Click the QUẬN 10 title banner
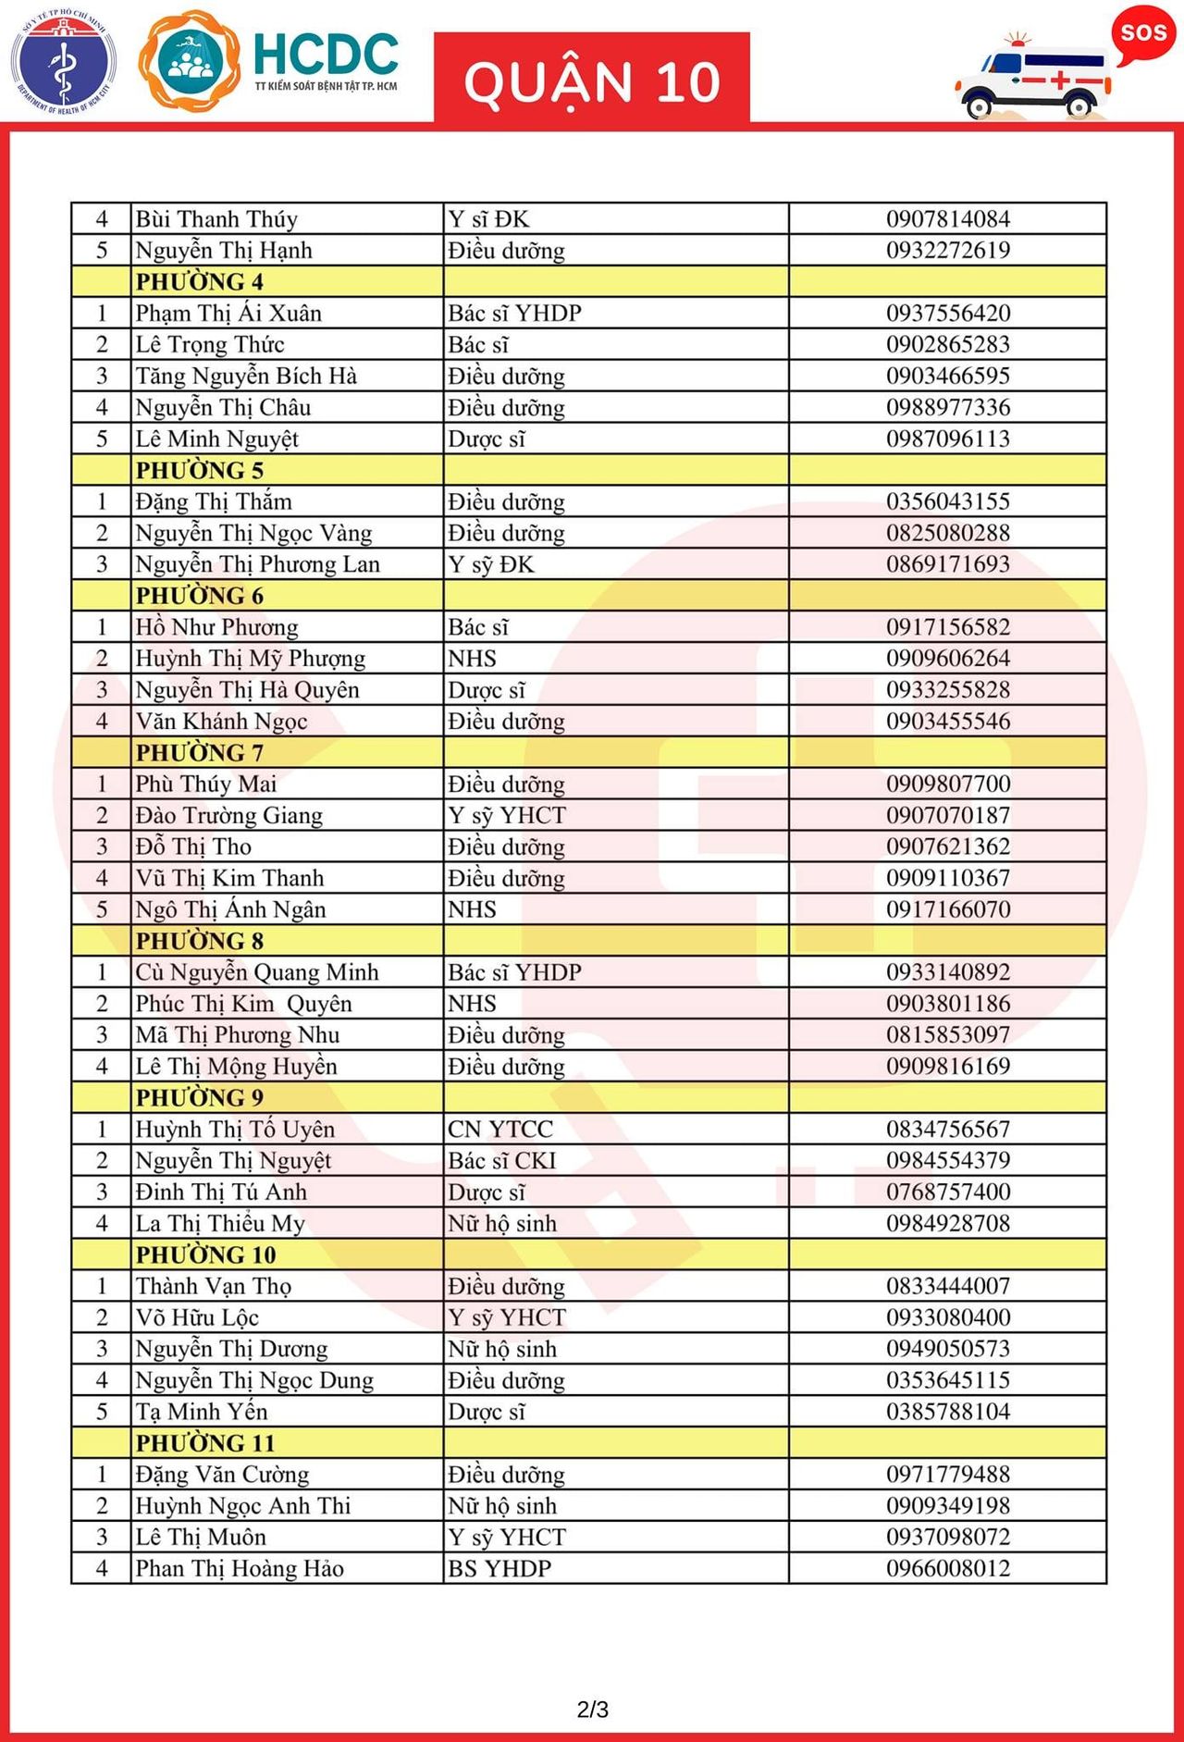(592, 80)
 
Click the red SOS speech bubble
(1143, 34)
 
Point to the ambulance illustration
(1032, 80)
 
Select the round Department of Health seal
(63, 61)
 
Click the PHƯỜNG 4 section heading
(200, 281)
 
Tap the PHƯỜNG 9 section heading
(200, 1097)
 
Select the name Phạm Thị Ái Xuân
(228, 313)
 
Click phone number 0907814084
(948, 219)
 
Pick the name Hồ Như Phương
(216, 627)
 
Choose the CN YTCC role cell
(500, 1129)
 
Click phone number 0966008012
(948, 1568)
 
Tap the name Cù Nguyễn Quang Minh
(257, 972)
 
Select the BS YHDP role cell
(499, 1568)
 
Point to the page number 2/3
(592, 1709)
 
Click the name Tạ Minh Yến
(202, 1412)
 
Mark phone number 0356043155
(948, 501)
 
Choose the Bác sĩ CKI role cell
(502, 1160)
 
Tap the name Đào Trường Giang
(229, 815)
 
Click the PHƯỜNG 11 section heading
(205, 1443)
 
